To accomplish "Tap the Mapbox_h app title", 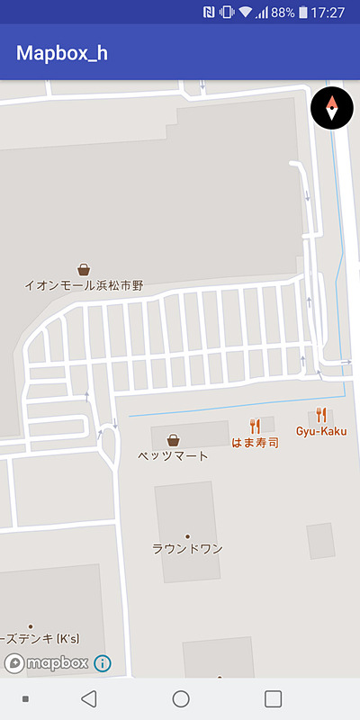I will click(62, 53).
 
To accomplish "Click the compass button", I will click(332, 108).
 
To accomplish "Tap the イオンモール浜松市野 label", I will click(84, 285).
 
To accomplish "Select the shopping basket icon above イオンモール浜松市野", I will click(84, 269).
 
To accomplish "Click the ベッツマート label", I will click(173, 455).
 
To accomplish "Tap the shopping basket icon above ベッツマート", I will click(173, 439).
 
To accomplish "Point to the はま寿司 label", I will click(255, 443).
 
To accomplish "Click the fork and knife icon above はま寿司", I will click(255, 426).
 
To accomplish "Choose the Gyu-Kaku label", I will click(321, 431).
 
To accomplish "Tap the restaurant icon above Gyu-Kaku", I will click(321, 415).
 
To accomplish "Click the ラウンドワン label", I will click(187, 548).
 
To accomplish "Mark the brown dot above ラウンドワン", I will click(187, 536).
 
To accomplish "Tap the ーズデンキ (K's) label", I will click(40, 639).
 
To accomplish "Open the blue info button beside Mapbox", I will click(103, 663).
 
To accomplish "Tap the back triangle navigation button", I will click(88, 698).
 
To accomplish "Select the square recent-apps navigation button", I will click(274, 698).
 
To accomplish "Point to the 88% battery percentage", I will click(283, 13).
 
